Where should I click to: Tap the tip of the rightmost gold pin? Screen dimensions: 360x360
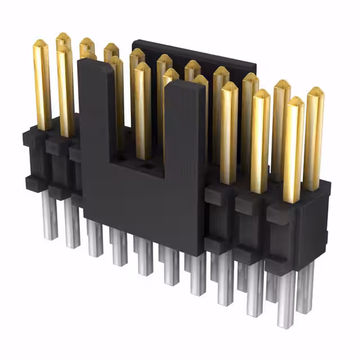[316, 91]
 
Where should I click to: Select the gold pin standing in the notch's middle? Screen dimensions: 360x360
[143, 107]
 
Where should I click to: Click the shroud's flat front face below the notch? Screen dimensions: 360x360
[141, 208]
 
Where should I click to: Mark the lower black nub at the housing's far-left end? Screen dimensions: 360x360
[30, 181]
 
